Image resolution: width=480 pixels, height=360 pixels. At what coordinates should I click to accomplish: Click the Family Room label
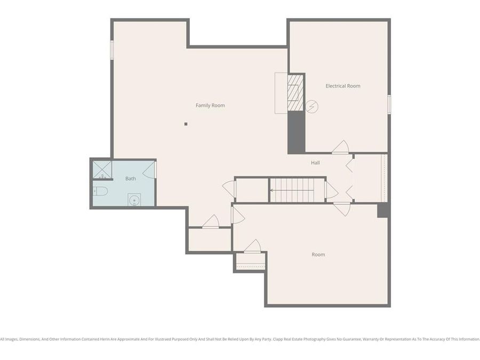coord(210,106)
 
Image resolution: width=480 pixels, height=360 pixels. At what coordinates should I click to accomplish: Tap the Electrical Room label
coord(343,86)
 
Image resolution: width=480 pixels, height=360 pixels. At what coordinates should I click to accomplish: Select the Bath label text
coord(131,179)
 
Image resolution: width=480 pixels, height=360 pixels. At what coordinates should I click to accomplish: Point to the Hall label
coord(315,163)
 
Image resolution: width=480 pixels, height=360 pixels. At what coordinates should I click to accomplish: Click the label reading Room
coord(318,255)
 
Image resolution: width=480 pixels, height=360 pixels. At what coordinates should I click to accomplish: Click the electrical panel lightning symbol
coord(311,107)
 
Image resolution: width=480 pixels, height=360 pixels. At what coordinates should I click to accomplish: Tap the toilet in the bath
coord(101,191)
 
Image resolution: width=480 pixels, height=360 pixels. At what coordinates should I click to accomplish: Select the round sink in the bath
coord(134,200)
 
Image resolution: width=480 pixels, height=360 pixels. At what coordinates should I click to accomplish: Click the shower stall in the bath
coord(102,170)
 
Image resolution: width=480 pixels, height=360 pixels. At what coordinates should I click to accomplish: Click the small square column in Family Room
coord(186,124)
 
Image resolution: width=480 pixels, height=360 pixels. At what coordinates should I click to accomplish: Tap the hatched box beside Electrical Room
coord(295,92)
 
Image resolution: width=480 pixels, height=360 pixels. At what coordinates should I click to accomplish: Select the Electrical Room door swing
coord(341,147)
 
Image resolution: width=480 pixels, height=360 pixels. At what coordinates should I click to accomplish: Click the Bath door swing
coord(149,170)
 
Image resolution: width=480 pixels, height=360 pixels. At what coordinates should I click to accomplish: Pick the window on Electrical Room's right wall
coord(389,104)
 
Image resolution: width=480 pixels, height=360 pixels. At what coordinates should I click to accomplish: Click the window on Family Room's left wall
coord(112,50)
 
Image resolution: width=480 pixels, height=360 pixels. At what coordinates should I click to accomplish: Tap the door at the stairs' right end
coord(331,190)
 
